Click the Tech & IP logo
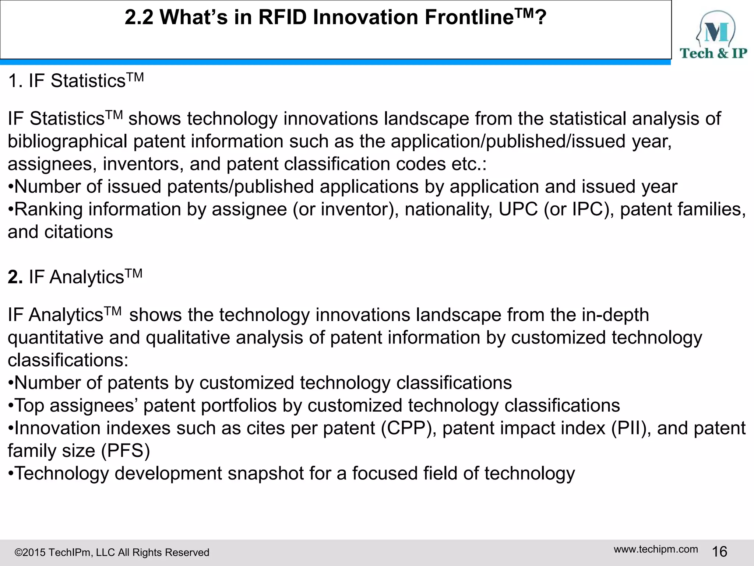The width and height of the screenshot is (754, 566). click(713, 35)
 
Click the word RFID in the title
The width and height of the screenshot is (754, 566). click(282, 17)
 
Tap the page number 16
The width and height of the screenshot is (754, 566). click(719, 552)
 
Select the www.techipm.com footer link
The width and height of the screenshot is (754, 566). click(656, 549)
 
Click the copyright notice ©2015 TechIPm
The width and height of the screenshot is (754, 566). click(111, 552)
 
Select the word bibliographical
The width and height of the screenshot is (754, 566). click(67, 141)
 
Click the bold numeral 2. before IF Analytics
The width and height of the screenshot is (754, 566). click(15, 277)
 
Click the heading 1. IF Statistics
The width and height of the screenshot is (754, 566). click(75, 81)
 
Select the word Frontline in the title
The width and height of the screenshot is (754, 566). click(469, 17)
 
